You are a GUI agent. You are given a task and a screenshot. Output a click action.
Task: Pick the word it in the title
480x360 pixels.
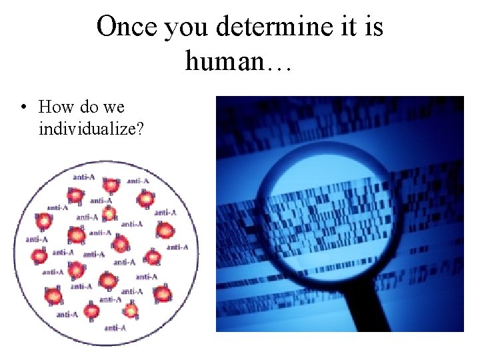pos(345,27)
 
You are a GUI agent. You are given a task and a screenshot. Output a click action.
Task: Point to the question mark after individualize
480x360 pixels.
pos(140,128)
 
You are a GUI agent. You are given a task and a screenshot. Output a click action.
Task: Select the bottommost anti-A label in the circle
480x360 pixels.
pos(115,327)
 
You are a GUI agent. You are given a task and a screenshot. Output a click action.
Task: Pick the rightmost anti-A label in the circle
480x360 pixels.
pos(177,247)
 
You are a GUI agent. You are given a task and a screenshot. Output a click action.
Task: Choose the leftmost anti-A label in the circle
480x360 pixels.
pos(36,239)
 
